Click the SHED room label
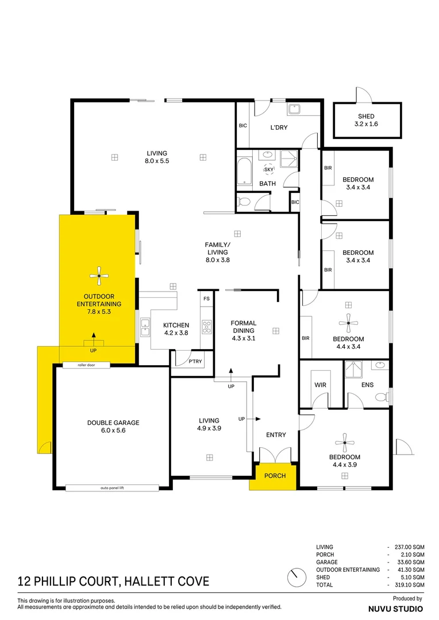[x=366, y=117]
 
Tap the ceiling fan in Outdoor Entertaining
[x=99, y=277]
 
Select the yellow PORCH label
[x=273, y=476]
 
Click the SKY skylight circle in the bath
[x=268, y=169]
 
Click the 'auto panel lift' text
[x=112, y=488]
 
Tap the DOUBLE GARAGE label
[x=113, y=423]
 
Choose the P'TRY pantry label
[x=195, y=362]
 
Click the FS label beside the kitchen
[x=206, y=299]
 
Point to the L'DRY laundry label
[x=279, y=127]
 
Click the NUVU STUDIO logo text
[x=395, y=607]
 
